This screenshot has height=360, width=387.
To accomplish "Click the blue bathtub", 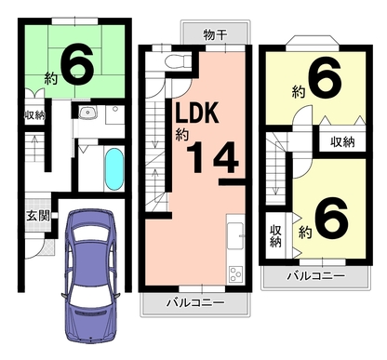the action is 114,168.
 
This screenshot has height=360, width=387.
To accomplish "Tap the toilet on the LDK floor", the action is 178,61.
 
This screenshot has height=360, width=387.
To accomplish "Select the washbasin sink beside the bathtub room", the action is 87,113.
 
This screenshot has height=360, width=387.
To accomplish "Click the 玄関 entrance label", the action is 38,216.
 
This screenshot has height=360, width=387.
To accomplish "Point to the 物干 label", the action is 215,34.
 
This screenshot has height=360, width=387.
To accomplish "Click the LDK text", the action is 197,113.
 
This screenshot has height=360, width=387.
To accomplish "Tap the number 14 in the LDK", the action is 212,157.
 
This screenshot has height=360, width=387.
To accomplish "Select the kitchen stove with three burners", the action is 236,274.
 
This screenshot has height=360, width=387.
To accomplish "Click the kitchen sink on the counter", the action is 235,235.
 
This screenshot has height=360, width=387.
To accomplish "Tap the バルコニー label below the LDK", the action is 195,302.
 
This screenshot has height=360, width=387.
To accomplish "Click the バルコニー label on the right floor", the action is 316,275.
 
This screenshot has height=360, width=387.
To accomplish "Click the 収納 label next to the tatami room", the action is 35,115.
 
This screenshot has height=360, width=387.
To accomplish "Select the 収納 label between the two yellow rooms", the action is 342,142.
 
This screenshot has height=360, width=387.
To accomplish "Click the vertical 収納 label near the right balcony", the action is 275,235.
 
